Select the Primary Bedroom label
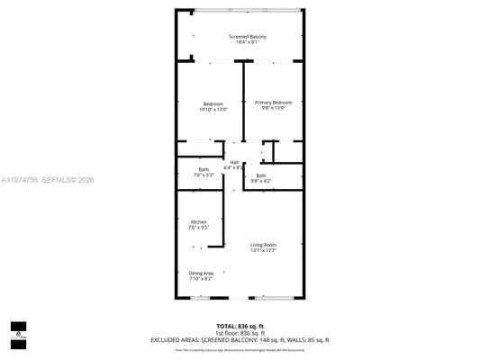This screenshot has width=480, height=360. [x=273, y=103]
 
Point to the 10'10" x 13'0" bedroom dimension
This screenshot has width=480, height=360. [x=213, y=109]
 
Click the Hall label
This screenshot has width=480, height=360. [x=233, y=162]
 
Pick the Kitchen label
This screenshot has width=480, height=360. [x=198, y=221]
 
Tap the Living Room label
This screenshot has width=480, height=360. [x=263, y=245]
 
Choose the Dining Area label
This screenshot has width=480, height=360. [x=201, y=273]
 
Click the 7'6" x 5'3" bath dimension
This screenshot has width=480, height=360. [x=204, y=175]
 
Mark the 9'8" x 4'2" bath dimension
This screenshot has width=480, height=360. [x=261, y=181]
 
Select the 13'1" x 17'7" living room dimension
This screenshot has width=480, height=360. [x=263, y=251]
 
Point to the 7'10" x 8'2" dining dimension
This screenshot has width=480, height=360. [x=201, y=279]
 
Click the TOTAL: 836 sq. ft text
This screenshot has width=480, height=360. [x=240, y=326]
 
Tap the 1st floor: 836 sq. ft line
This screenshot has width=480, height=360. [x=240, y=332]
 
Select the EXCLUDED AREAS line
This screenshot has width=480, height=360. [x=240, y=339]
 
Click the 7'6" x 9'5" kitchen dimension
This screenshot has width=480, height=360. [x=198, y=228]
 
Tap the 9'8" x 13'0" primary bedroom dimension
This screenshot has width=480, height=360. [x=273, y=109]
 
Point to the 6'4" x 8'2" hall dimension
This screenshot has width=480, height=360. [x=233, y=167]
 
